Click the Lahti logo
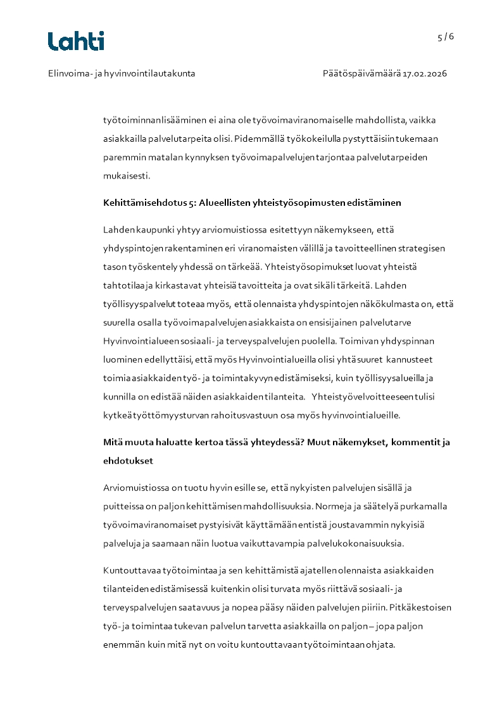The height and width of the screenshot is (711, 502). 76,41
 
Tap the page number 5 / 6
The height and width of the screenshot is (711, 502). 446,37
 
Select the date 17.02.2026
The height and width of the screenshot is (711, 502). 425,73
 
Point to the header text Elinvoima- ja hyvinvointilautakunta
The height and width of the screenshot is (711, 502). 122,73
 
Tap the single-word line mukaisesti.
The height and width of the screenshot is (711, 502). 127,175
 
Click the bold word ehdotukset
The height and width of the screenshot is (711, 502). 128,461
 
